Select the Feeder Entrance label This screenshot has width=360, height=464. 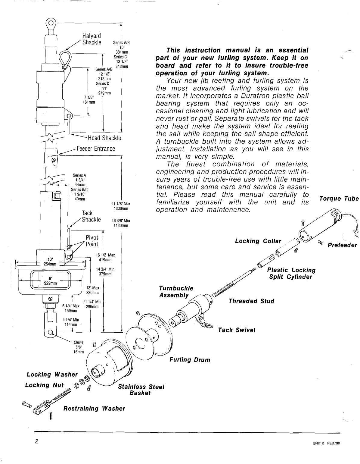click(96, 149)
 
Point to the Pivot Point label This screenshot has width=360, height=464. click(92, 240)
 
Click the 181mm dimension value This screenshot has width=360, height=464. click(89, 102)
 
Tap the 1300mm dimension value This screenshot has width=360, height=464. click(121, 208)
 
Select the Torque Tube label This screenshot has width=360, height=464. click(339, 199)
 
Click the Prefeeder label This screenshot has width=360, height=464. click(342, 245)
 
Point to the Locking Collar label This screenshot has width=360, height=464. click(258, 241)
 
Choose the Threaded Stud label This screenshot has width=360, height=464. click(251, 301)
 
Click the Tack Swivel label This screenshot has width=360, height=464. click(237, 330)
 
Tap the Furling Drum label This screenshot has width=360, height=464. click(190, 360)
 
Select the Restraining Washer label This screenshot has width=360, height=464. click(94, 409)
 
